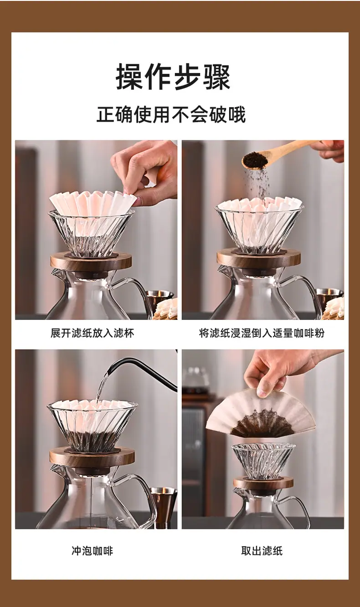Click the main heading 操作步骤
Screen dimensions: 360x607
pos(173,77)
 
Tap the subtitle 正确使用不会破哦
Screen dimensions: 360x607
pos(171,115)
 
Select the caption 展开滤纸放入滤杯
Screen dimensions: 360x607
pos(93,333)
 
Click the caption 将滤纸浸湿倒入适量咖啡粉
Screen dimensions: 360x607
pos(262,333)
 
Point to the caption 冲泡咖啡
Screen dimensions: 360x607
pos(93,550)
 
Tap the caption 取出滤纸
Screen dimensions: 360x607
pos(262,550)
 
